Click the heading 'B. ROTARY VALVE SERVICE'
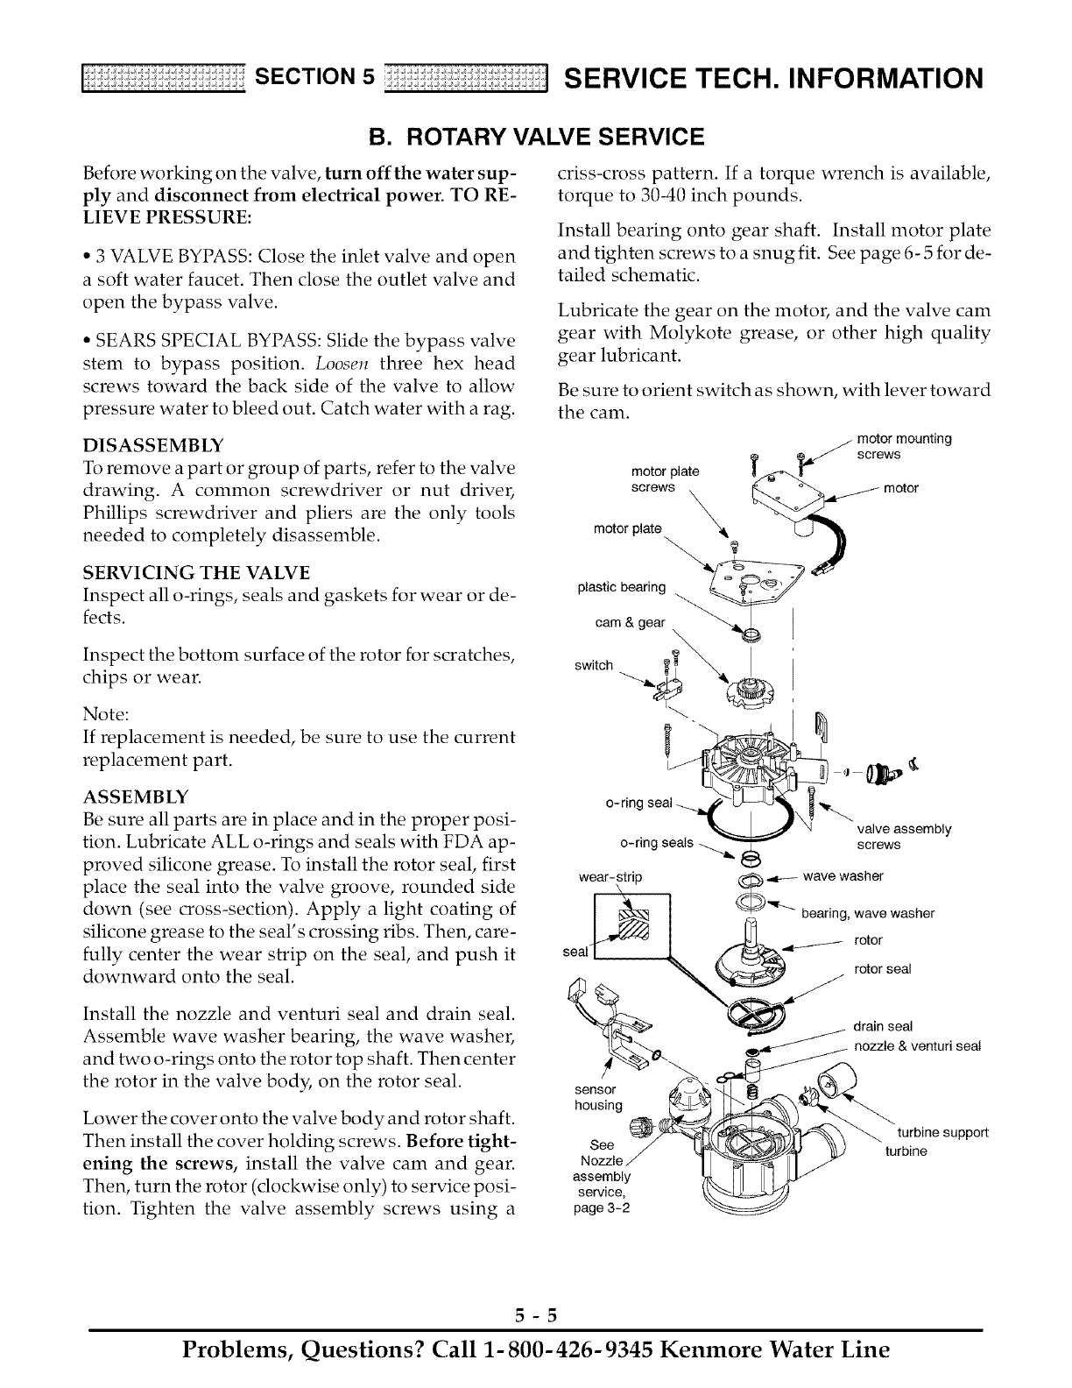(535, 137)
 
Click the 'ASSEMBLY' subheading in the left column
(134, 798)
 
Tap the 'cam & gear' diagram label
(630, 622)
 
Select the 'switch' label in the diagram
(593, 665)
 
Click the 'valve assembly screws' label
(903, 837)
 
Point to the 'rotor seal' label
(882, 969)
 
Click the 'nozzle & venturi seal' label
(917, 1045)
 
